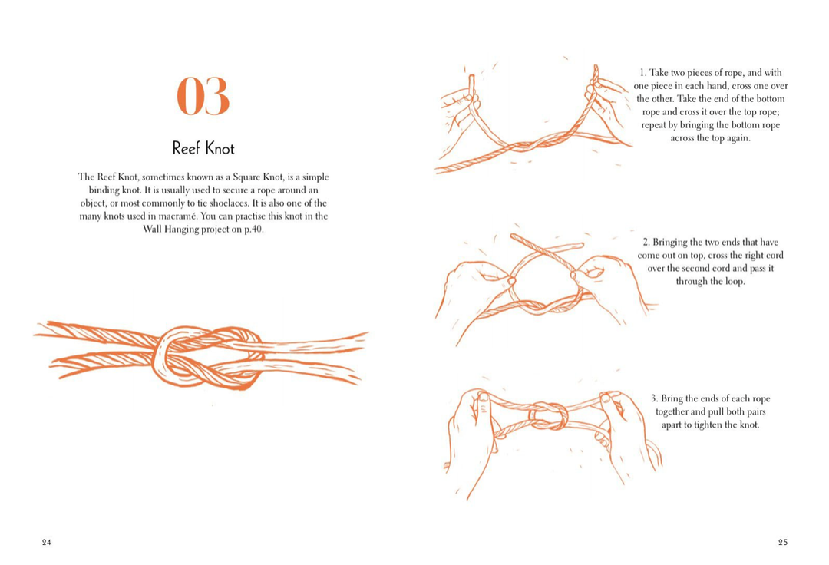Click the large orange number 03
(203, 97)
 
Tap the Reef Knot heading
(203, 148)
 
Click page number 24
(47, 542)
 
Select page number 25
(782, 542)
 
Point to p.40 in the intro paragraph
(252, 230)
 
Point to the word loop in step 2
(733, 282)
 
